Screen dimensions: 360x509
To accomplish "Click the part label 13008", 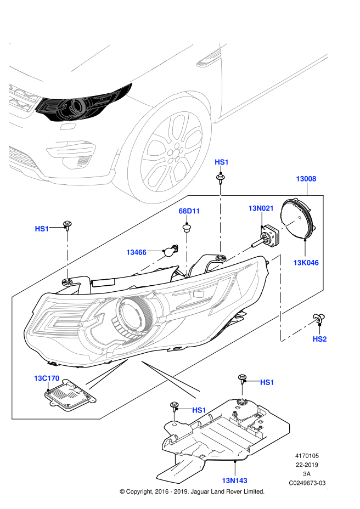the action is [306, 179].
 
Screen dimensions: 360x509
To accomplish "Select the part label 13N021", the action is [261, 208].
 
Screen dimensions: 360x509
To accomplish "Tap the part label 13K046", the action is [306, 263].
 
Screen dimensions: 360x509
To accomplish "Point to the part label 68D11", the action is [189, 211].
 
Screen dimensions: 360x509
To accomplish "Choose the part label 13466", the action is [136, 252].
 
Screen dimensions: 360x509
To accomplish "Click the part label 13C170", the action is [47, 378].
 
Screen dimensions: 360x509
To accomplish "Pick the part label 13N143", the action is [234, 480].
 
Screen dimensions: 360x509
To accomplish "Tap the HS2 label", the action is [319, 339].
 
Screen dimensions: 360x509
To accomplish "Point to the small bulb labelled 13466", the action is [171, 251].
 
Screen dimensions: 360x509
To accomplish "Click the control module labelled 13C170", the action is [70, 395].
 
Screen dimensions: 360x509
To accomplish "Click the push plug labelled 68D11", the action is [187, 227].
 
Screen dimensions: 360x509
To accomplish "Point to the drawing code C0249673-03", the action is [307, 483].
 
